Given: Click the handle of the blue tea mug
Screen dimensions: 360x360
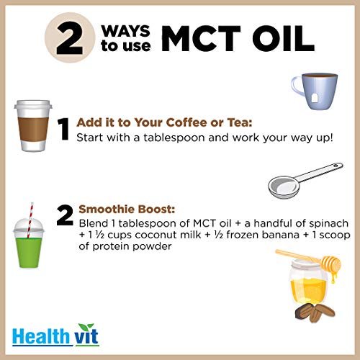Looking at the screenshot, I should pos(296,86).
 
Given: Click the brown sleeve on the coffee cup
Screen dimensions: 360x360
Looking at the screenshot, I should pos(33,127).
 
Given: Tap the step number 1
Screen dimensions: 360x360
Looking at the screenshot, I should pos(64,130).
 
